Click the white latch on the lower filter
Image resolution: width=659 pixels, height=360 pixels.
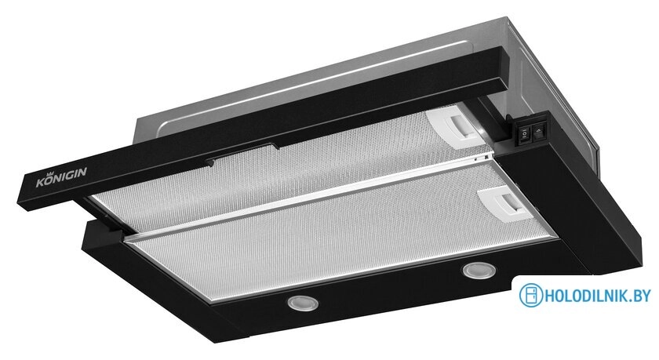click(x=504, y=204)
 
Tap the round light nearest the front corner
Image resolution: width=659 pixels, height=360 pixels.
click(x=302, y=303)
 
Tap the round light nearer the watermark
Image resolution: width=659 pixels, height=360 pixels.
click(x=479, y=270)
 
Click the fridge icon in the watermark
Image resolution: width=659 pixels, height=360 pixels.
click(x=531, y=296)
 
